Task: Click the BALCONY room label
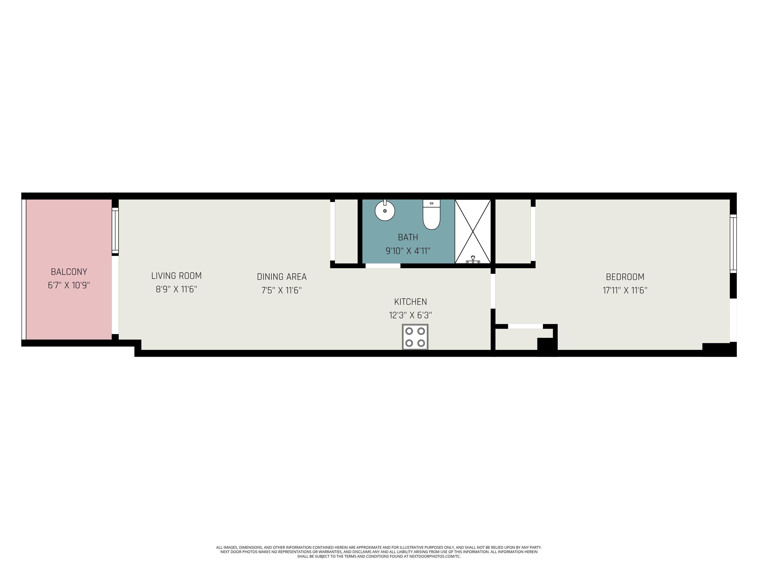(69, 272)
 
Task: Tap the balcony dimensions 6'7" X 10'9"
(69, 285)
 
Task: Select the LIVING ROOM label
(176, 276)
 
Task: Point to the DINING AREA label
(282, 277)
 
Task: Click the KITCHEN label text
(411, 302)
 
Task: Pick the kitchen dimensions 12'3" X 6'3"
(411, 315)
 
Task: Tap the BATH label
(408, 237)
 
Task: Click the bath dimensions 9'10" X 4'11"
(408, 251)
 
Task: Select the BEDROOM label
(625, 277)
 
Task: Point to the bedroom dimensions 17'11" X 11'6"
(625, 290)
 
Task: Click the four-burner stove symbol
(415, 337)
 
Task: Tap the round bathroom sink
(385, 210)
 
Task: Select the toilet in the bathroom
(431, 214)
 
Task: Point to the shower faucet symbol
(473, 260)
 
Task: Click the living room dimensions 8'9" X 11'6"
(176, 289)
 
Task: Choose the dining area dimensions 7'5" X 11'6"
(282, 290)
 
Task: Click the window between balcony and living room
(115, 231)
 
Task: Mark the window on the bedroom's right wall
(733, 244)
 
